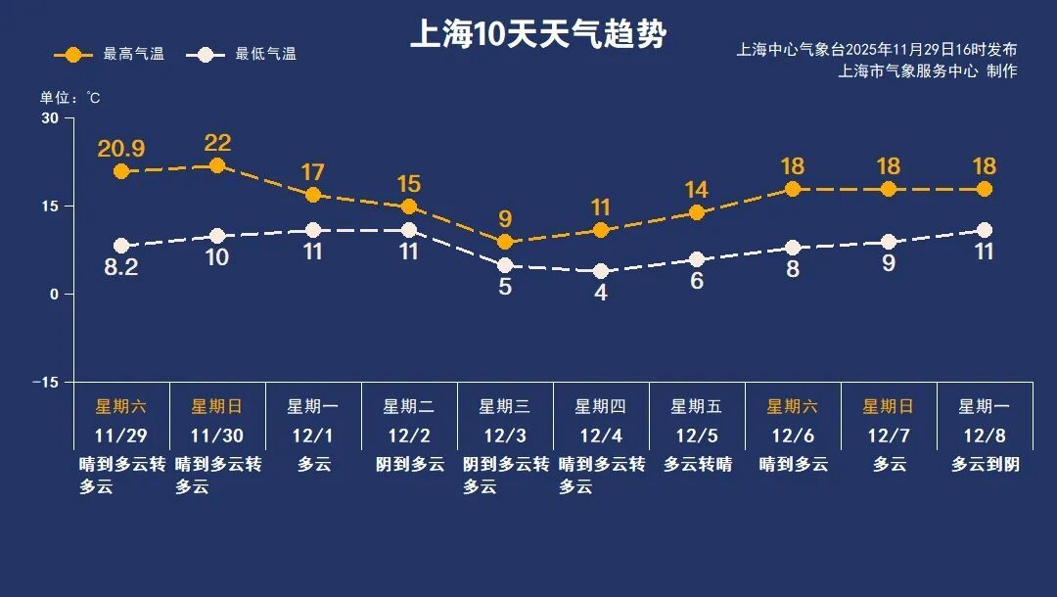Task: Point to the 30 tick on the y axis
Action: [x=50, y=118]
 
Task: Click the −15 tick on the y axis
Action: [x=45, y=382]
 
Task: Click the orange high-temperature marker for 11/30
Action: [x=217, y=165]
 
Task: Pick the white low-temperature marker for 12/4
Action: [x=601, y=271]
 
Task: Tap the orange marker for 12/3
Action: [x=505, y=242]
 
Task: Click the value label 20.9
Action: [x=121, y=149]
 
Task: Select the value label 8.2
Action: [x=121, y=268]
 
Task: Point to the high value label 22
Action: [x=217, y=143]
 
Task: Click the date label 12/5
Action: [x=697, y=434]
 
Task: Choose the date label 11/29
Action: [x=121, y=434]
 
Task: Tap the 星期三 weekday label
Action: [x=505, y=406]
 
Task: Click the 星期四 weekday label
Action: [x=601, y=406]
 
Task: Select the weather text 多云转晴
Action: [x=697, y=464]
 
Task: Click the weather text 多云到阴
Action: [x=985, y=464]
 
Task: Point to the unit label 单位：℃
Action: [x=69, y=97]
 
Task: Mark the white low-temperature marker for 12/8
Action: [x=985, y=230]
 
